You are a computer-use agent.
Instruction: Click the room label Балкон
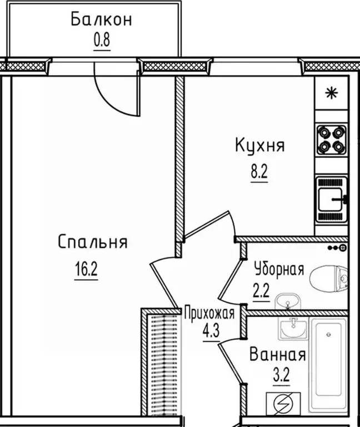point(101,20)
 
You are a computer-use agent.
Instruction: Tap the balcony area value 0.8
point(102,42)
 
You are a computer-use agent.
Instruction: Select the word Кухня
point(259,146)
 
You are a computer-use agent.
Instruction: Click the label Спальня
point(93,242)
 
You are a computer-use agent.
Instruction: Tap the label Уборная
point(279,270)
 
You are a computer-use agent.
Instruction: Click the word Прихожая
point(209,312)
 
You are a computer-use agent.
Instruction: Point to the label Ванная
point(277,354)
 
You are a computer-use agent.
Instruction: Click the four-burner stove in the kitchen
point(331,140)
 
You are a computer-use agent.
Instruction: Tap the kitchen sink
point(331,198)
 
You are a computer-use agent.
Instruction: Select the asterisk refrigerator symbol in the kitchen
point(331,93)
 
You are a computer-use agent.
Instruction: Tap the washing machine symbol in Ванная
point(283,403)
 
